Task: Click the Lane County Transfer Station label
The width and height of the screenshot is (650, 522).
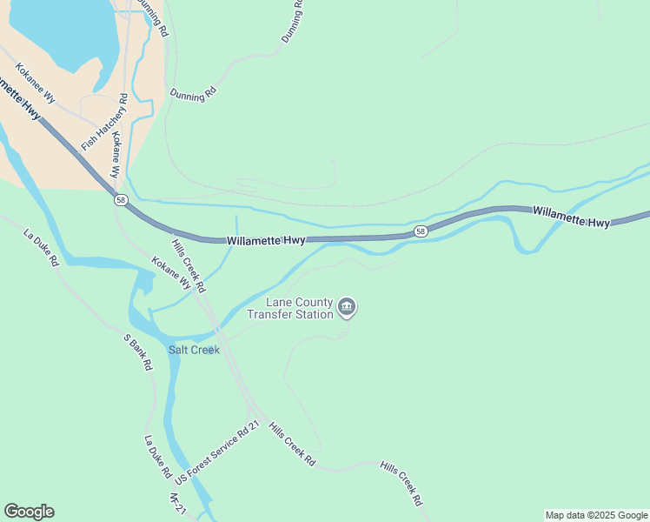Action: tap(300, 308)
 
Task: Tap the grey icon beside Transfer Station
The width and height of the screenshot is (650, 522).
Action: tap(347, 305)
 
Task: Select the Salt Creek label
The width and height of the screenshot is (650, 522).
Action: tap(194, 350)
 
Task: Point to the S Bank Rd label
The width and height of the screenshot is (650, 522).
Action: tap(138, 352)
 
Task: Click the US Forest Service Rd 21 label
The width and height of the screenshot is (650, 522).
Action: tap(217, 453)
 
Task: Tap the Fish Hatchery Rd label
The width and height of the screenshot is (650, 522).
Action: tap(104, 120)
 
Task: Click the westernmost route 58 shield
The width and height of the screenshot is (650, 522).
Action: tap(120, 200)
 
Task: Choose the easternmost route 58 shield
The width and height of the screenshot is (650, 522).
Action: tap(421, 231)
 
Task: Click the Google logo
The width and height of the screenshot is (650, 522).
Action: tap(29, 512)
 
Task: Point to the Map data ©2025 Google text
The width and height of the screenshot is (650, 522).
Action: tap(596, 515)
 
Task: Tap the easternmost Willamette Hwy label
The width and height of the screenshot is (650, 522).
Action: tap(571, 217)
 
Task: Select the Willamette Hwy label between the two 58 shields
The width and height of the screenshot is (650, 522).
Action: tap(265, 240)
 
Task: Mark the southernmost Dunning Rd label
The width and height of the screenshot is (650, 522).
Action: tap(193, 94)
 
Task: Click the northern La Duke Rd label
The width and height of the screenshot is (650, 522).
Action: tap(41, 248)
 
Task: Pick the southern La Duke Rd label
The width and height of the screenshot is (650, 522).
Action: tap(157, 458)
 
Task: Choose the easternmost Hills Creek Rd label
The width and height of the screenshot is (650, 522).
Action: tap(401, 484)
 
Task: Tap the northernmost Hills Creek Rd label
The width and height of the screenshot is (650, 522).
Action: tap(189, 265)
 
